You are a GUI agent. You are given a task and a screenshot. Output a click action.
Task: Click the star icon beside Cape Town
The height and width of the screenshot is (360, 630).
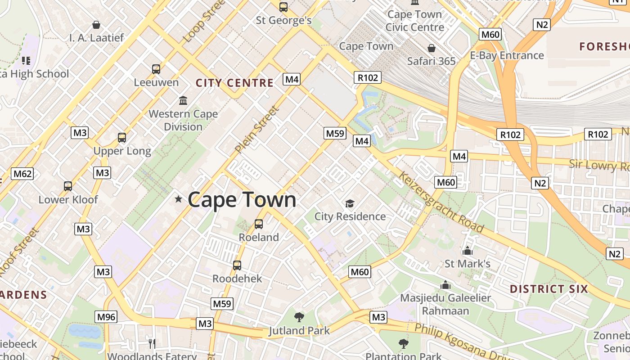179,199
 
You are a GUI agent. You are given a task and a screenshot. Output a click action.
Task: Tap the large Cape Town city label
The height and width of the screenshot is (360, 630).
242,199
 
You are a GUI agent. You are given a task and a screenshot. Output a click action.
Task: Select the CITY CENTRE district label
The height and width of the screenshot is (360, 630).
234,83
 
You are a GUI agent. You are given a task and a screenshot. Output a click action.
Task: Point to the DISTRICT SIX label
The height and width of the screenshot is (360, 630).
549,289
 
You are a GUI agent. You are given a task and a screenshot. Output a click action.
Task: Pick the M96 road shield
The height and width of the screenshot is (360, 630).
106,317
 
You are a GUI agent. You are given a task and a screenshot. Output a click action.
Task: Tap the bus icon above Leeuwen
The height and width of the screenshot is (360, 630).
156,69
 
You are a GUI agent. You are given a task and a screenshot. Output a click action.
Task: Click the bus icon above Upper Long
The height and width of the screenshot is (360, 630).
121,138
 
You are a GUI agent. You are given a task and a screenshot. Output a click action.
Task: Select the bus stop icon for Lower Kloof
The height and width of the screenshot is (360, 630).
68,186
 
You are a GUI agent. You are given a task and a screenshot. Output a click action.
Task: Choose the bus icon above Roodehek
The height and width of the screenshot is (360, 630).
237,265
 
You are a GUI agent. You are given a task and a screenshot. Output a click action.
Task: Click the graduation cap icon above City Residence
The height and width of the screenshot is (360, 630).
350,204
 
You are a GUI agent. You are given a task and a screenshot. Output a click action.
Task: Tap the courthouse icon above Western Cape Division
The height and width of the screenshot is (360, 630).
183,100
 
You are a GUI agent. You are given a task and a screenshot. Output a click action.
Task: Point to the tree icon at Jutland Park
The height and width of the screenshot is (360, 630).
299,317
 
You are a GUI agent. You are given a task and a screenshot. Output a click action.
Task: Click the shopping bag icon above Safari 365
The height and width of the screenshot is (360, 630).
431,48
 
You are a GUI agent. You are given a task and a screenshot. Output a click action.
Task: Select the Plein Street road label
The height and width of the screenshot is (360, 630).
257,129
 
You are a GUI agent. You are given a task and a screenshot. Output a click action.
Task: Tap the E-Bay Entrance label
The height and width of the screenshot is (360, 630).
507,55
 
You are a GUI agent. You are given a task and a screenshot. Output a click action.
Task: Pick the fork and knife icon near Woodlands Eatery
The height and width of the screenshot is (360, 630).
152,344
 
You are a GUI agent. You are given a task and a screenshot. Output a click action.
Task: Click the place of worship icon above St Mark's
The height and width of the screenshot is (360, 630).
468,251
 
